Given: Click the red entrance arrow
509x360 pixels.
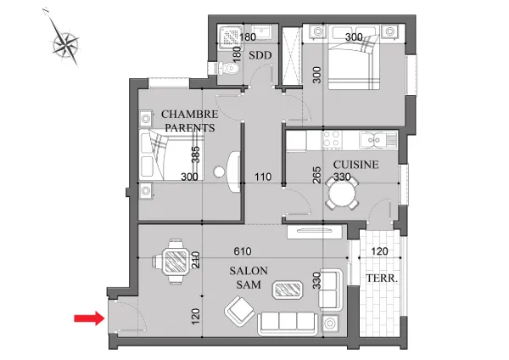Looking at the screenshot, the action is pyautogui.click(x=89, y=318).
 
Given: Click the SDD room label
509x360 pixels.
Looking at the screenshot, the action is pyautogui.click(x=260, y=55).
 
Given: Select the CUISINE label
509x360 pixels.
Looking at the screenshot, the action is pyautogui.click(x=355, y=165).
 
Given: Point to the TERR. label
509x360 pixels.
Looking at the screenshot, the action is pyautogui.click(x=382, y=278).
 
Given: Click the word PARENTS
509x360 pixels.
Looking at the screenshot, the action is pyautogui.click(x=190, y=128).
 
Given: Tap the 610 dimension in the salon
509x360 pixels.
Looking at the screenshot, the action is pyautogui.click(x=243, y=251).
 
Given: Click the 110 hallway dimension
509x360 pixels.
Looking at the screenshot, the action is pyautogui.click(x=263, y=177).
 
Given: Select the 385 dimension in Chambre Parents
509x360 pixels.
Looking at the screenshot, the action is pyautogui.click(x=195, y=155).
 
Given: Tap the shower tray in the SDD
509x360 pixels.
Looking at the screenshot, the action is pyautogui.click(x=231, y=37).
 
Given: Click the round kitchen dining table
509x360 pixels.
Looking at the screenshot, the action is pyautogui.click(x=342, y=194).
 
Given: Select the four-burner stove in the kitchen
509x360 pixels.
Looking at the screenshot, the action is pyautogui.click(x=332, y=140).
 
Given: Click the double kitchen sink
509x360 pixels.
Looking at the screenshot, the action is pyautogui.click(x=374, y=140).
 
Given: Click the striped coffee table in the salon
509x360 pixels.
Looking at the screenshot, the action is pyautogui.click(x=288, y=290).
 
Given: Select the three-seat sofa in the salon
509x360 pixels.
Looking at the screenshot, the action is pyautogui.click(x=288, y=323).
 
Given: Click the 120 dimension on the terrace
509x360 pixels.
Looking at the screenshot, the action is pyautogui.click(x=379, y=251).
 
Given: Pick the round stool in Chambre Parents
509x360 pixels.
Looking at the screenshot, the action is pyautogui.click(x=219, y=172).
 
